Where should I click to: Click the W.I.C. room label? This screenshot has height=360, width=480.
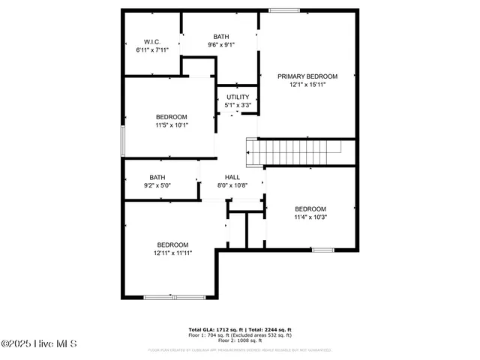click(152, 41)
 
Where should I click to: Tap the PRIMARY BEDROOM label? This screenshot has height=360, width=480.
click(307, 76)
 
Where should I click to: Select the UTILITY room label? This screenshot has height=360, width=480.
click(238, 97)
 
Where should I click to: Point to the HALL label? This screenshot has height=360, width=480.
click(232, 177)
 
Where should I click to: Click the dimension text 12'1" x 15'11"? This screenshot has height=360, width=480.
click(307, 85)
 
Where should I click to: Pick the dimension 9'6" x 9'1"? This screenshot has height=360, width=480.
click(221, 45)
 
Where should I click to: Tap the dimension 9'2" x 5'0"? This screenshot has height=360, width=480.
click(160, 186)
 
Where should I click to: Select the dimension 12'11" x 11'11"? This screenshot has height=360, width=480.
click(172, 253)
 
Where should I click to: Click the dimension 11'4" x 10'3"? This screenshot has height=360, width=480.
click(310, 217)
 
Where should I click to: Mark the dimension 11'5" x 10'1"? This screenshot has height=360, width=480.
click(172, 125)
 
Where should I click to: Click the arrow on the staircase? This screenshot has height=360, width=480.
click(250, 152)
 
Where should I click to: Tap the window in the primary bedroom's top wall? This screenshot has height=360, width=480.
click(284, 10)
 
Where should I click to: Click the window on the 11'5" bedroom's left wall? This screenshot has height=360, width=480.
click(123, 141)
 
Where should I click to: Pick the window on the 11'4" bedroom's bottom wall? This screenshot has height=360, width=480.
click(323, 249)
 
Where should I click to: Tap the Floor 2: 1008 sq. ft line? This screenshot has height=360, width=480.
click(239, 341)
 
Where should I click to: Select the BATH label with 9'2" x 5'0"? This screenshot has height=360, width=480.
click(157, 178)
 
